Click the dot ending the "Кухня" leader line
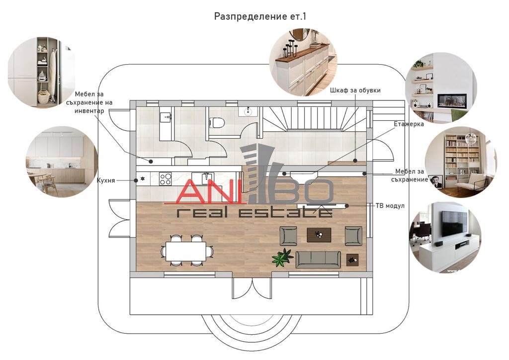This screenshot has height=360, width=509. (136, 180)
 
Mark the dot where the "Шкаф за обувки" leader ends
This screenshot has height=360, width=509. (355, 161)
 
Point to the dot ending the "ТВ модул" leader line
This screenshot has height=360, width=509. (347, 205)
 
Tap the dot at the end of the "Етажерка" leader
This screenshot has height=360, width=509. (284, 174)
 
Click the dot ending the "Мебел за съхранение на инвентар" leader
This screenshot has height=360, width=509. (151, 161)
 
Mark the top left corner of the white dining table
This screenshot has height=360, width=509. (166, 242)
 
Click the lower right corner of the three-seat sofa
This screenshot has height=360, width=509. (341, 268)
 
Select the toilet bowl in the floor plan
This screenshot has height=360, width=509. (217, 123)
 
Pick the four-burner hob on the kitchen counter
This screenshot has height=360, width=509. (165, 179)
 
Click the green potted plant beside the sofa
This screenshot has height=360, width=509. (282, 258)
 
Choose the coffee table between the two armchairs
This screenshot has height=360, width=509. (319, 235)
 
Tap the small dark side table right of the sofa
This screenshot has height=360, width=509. (352, 260)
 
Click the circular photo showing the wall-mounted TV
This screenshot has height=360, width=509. (445, 237)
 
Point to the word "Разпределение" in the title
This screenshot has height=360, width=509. (251, 16)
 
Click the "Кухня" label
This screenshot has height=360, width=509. (106, 180)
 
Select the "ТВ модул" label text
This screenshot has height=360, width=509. (390, 205)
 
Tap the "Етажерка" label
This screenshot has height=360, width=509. (409, 124)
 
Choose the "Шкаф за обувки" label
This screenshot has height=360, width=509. (355, 90)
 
